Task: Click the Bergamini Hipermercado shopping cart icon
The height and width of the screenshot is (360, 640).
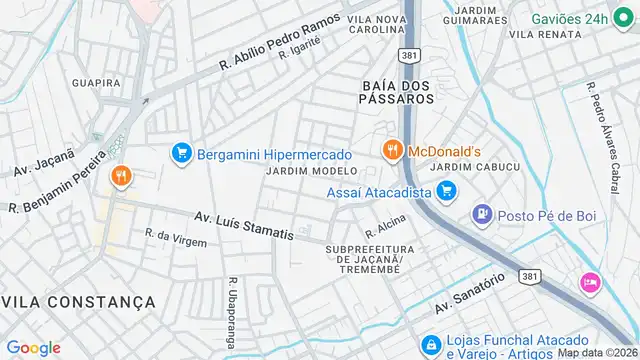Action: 181,153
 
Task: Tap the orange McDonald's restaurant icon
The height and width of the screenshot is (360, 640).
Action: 391,150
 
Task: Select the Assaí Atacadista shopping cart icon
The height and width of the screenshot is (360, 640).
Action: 446,188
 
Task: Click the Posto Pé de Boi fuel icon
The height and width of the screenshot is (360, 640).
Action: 482,213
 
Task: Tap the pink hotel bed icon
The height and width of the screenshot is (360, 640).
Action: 590,283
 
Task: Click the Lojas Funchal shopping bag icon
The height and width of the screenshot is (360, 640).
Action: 430,345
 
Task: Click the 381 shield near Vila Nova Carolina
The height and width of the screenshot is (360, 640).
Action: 406,56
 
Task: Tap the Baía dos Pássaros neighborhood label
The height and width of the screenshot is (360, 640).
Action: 398,92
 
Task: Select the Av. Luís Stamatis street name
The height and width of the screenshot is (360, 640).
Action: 243,226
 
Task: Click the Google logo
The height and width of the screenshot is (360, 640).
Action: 34,347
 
